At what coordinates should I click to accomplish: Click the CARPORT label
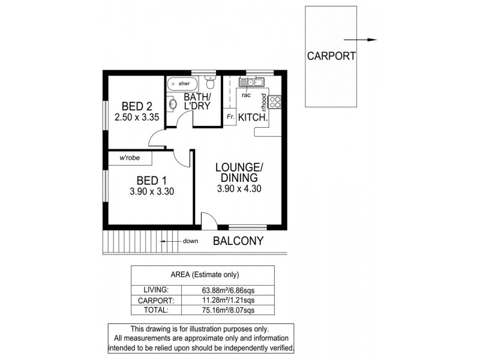[331, 57]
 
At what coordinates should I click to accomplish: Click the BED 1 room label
[151, 181]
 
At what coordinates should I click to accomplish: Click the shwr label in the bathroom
[184, 83]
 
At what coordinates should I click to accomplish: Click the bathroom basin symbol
[172, 103]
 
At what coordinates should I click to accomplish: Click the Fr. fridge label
[230, 118]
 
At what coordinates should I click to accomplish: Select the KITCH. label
[253, 118]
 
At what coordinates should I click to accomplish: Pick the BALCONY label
[238, 242]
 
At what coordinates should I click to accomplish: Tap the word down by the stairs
[191, 241]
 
